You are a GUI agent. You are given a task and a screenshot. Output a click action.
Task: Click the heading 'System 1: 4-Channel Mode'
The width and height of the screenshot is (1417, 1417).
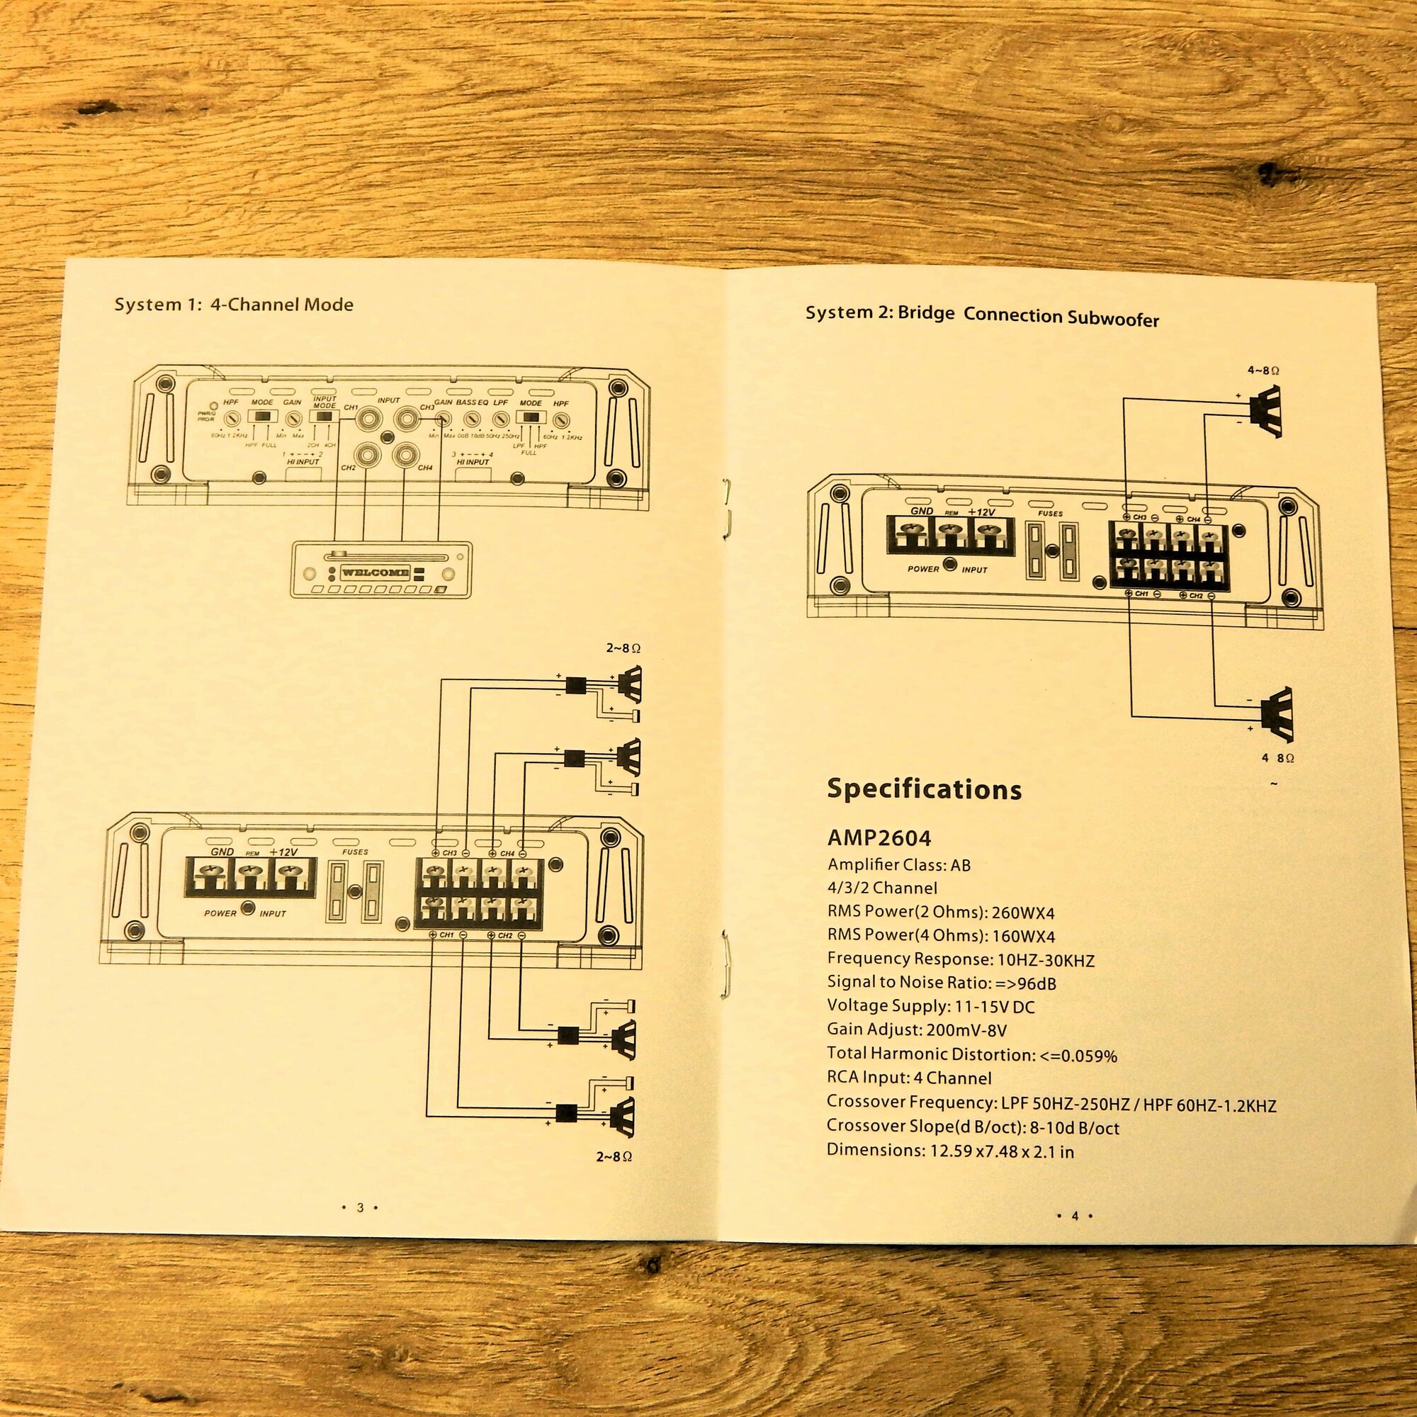coord(233,305)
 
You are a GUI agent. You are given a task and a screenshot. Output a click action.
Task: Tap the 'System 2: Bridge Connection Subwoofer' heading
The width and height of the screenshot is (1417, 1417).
coord(982,315)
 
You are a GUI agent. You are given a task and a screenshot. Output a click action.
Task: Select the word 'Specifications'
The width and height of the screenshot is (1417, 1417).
coord(924,789)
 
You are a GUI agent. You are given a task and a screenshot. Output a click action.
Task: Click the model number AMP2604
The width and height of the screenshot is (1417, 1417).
coord(879,837)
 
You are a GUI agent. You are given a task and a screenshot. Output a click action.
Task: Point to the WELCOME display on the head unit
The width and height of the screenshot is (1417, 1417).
coord(375,572)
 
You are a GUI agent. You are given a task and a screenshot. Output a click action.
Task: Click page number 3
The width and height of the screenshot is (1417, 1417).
coord(360,1207)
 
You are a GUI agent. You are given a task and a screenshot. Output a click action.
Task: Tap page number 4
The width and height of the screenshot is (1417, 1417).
coord(1076,1215)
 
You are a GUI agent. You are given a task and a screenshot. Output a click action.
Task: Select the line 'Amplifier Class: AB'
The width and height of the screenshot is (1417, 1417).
coord(898,864)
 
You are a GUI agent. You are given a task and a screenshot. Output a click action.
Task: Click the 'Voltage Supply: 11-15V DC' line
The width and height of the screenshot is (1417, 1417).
coord(931,1006)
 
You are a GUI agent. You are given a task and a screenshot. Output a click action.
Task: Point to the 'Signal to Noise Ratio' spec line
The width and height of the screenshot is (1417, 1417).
coord(941,983)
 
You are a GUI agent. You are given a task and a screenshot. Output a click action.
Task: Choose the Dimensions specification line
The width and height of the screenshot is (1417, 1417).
coord(950,1150)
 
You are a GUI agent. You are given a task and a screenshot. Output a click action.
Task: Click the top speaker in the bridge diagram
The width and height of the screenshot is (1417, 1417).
coord(1270,412)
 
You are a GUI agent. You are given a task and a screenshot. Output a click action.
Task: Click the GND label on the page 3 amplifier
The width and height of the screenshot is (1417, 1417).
coord(222,852)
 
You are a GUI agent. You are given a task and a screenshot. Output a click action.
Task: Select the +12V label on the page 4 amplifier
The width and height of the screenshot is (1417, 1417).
coord(981,512)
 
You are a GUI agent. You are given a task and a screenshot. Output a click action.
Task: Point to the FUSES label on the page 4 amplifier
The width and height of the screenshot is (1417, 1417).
coord(1050,514)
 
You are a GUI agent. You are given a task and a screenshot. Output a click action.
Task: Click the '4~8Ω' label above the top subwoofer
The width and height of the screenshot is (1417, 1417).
coord(1263,371)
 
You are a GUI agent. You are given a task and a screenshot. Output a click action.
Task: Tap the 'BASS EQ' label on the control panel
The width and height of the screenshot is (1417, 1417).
coord(472,402)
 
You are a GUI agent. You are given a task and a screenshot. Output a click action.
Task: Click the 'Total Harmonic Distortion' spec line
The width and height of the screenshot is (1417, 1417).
coord(972,1054)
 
